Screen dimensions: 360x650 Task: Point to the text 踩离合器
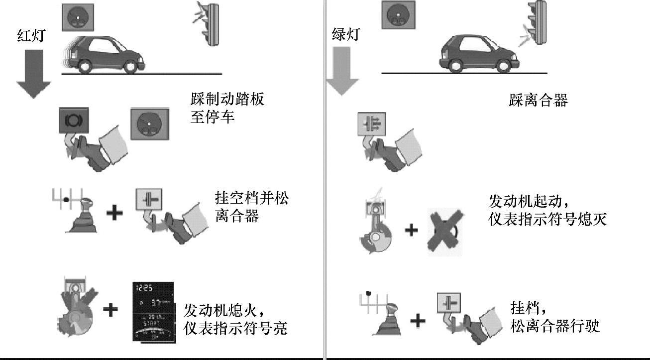point(538,101)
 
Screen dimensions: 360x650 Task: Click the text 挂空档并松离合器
point(251,207)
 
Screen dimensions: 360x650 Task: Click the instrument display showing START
point(154,312)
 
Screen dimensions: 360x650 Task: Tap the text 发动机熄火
point(219,311)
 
